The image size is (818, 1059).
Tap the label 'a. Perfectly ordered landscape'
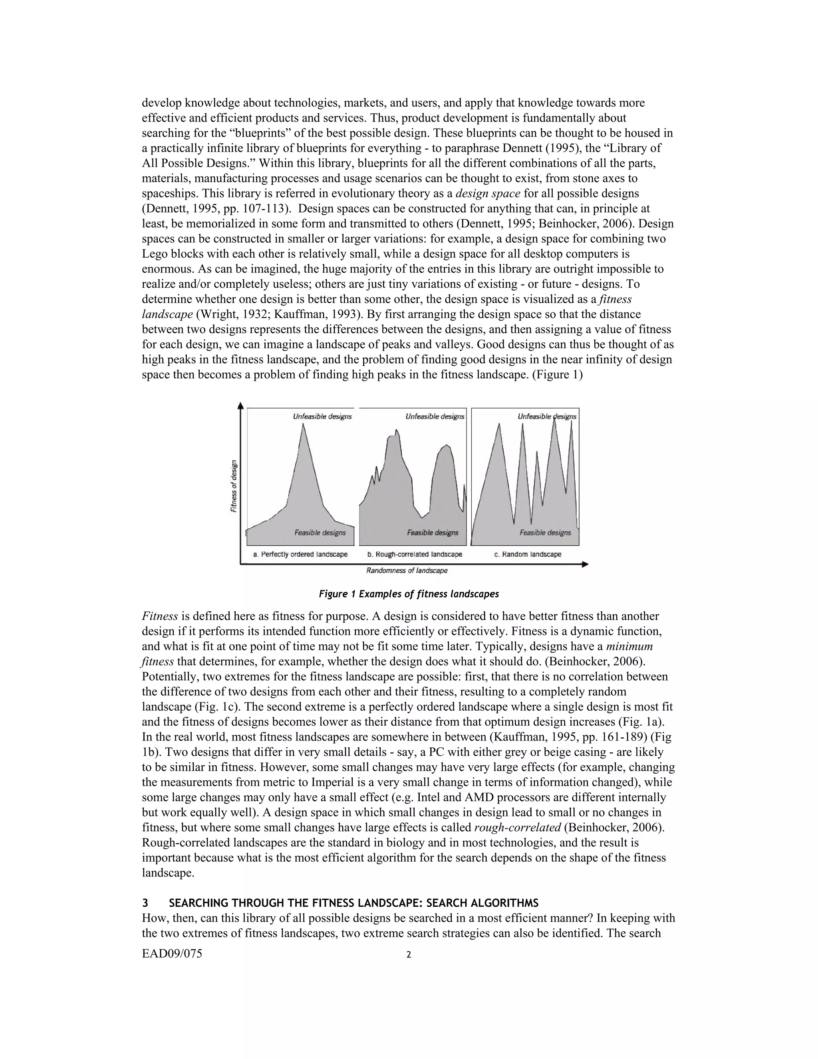tap(300, 554)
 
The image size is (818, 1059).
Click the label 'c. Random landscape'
tap(528, 554)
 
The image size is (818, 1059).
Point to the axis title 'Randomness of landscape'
tap(407, 571)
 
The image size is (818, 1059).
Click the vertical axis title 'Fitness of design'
tap(234, 486)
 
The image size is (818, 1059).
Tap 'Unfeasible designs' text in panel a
tap(322, 416)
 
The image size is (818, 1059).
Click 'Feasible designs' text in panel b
tap(432, 533)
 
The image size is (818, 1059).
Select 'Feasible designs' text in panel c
tap(545, 533)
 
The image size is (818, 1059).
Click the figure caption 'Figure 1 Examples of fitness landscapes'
tap(409, 594)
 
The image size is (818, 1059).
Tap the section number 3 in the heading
tap(145, 904)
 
